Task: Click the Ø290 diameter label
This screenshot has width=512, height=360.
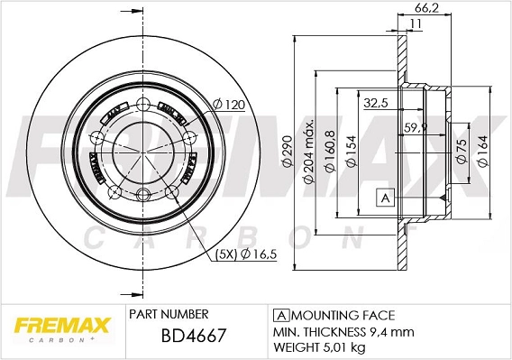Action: (x=288, y=149)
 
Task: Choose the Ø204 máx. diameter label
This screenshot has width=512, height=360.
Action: (x=309, y=149)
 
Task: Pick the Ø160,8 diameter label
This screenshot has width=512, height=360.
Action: (x=331, y=149)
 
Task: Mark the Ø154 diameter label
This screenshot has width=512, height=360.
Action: (x=352, y=149)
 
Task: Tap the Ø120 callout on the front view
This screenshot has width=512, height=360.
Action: (x=230, y=106)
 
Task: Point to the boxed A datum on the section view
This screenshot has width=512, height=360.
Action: (x=385, y=197)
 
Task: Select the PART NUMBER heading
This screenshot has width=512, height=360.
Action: (x=169, y=314)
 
